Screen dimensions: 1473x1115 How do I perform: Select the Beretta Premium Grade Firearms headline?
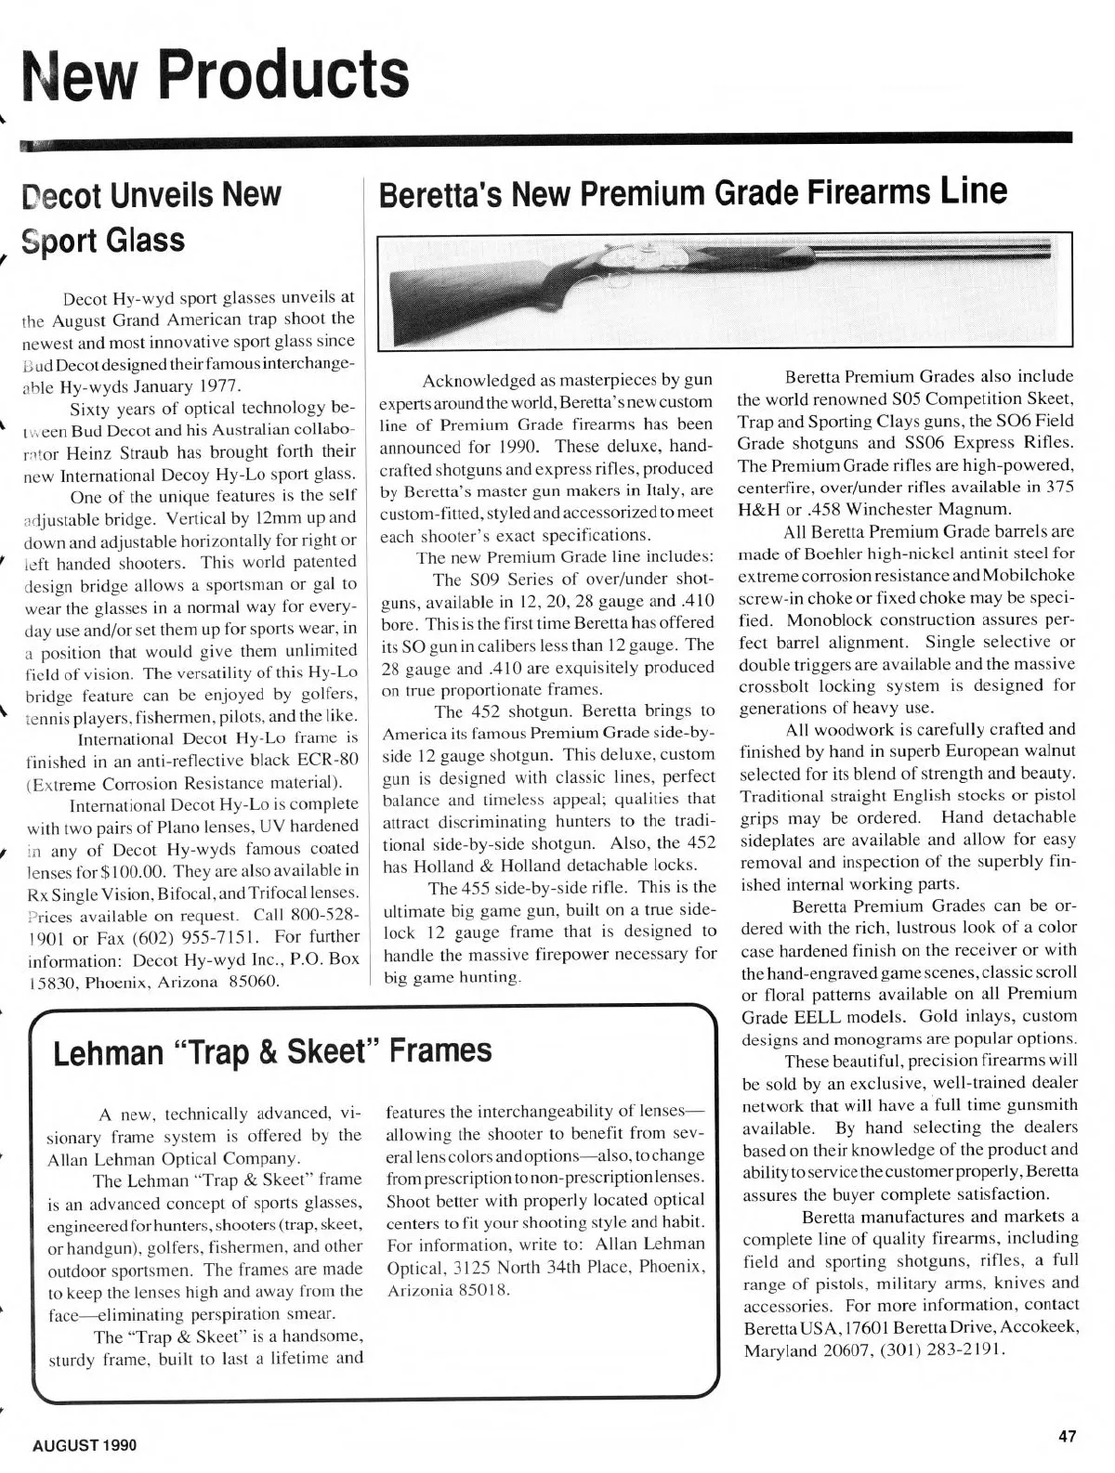point(692,192)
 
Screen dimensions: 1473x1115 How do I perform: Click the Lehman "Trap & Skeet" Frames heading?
point(272,1051)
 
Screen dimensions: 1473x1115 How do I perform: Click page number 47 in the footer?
point(1067,1436)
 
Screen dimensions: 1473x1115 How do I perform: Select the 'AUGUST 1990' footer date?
point(85,1446)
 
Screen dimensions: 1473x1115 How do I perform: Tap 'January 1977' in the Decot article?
point(191,385)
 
